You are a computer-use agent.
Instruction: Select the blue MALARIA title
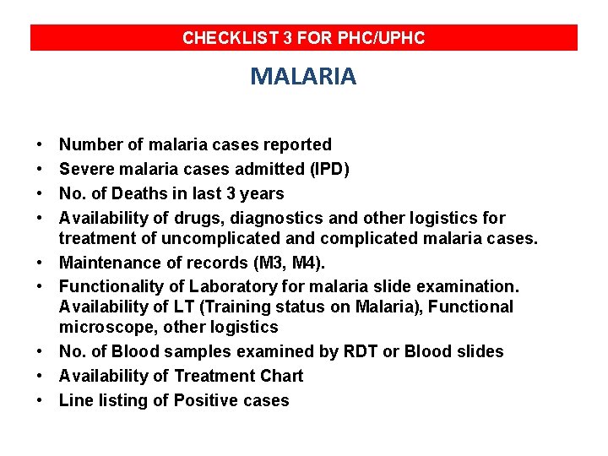click(303, 77)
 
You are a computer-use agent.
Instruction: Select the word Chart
click(281, 376)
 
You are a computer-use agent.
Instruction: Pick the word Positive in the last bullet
click(208, 400)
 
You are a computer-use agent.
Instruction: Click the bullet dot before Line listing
click(41, 400)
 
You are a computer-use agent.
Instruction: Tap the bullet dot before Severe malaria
click(41, 169)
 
